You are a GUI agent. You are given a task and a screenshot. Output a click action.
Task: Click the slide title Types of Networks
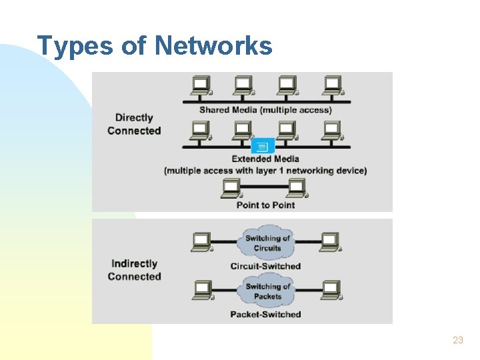point(155,46)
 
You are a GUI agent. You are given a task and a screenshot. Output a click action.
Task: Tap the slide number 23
point(457,340)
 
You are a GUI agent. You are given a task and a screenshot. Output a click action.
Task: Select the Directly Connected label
point(134,124)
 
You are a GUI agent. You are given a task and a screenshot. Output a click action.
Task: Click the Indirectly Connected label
point(134,270)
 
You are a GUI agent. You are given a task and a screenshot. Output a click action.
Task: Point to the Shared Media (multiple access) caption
point(265,110)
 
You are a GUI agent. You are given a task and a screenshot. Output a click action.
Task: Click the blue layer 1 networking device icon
point(263,146)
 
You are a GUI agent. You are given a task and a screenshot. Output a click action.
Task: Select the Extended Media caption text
point(265,159)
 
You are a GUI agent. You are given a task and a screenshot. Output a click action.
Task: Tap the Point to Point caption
point(265,205)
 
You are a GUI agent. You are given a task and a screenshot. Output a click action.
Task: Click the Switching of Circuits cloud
point(267,243)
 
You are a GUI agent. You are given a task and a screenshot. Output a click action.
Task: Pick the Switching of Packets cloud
point(267,291)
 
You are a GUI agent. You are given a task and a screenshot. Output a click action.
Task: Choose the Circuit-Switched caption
point(265,266)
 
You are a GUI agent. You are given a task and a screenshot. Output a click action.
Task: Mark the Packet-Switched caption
point(265,314)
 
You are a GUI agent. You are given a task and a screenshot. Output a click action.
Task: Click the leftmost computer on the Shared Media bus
point(201,85)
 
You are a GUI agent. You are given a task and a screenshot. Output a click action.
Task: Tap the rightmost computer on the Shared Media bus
point(331,85)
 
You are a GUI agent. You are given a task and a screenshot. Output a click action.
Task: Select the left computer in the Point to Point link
point(231,188)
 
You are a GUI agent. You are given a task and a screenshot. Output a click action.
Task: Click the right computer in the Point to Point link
point(297,188)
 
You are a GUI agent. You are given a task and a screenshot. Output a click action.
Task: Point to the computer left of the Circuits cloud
point(201,241)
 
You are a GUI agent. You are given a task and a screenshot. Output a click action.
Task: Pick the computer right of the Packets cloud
point(331,290)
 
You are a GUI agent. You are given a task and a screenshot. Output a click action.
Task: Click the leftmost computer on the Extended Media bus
point(201,130)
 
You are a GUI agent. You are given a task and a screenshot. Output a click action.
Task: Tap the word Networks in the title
point(213,46)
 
